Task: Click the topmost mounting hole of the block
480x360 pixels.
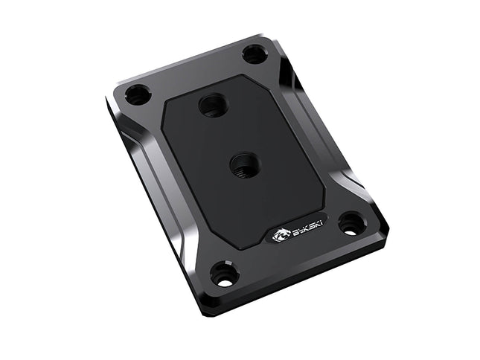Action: pyautogui.click(x=255, y=54)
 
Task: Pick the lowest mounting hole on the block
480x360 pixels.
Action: pyautogui.click(x=224, y=274)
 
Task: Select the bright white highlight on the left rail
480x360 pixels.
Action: pyautogui.click(x=141, y=149)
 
